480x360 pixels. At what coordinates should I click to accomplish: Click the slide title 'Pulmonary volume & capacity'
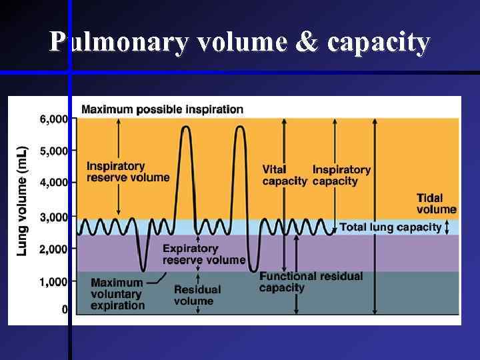tap(240, 42)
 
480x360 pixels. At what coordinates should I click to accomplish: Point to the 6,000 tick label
tap(54, 119)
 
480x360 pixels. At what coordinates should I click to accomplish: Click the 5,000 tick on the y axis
tap(54, 151)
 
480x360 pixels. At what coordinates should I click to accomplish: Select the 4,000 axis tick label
tap(54, 182)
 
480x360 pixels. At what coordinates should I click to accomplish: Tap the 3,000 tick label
tap(54, 217)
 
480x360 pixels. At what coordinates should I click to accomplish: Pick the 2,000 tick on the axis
tap(54, 249)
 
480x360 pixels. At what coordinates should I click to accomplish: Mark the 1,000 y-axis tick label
tap(54, 281)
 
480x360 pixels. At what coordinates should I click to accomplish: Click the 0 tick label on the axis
tap(65, 309)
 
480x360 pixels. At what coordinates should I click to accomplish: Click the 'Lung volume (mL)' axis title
tap(22, 200)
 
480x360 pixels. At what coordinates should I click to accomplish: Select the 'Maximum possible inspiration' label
tap(162, 109)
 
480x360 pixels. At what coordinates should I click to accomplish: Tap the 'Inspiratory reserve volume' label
tap(128, 171)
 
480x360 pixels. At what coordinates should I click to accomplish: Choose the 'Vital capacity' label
tap(284, 175)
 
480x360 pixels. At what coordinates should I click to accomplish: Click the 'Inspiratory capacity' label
tap(341, 175)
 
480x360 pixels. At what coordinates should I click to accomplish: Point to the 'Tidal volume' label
tap(437, 203)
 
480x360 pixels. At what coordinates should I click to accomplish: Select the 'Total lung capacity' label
tap(391, 227)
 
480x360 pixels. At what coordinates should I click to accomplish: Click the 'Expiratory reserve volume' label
tap(204, 254)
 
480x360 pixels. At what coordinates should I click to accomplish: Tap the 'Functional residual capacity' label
tap(311, 281)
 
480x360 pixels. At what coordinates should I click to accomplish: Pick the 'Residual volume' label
tap(197, 295)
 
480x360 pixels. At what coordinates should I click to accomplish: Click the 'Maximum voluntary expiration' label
tap(117, 294)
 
